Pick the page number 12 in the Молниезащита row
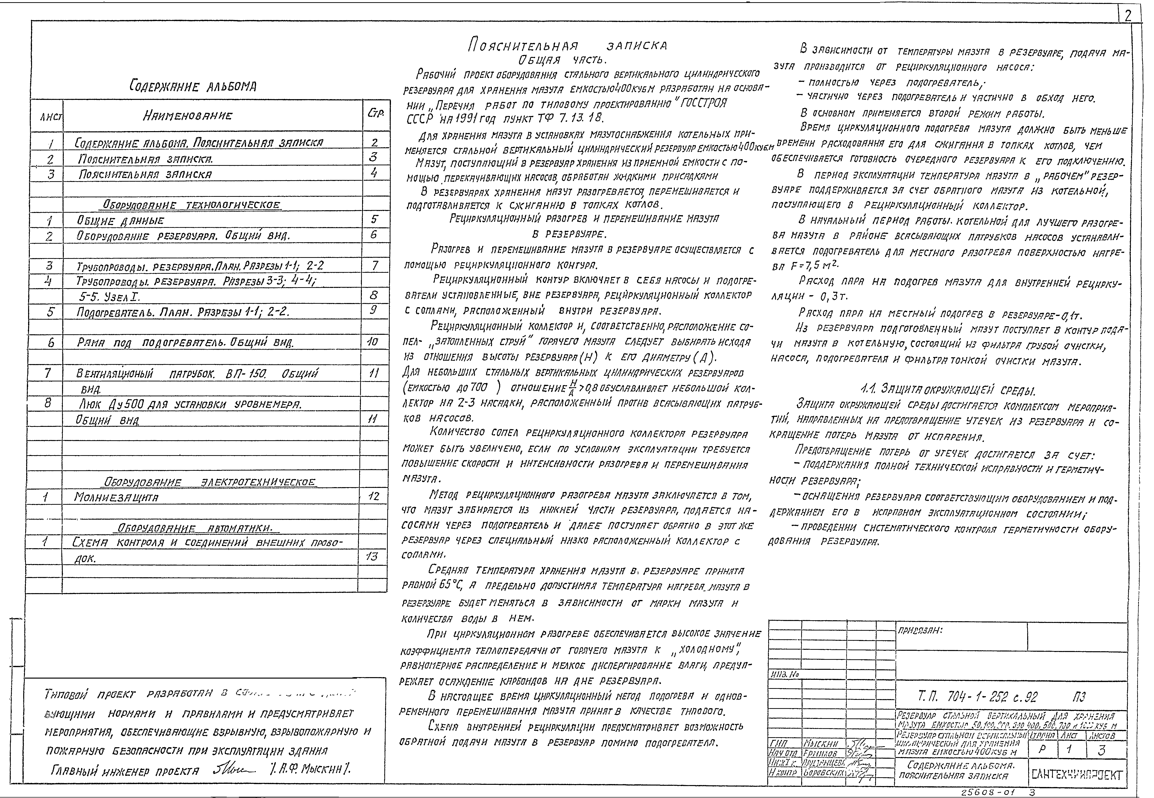pyautogui.click(x=373, y=496)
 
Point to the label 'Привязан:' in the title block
pyautogui.click(x=920, y=631)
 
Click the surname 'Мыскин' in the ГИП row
pyautogui.click(x=820, y=744)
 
